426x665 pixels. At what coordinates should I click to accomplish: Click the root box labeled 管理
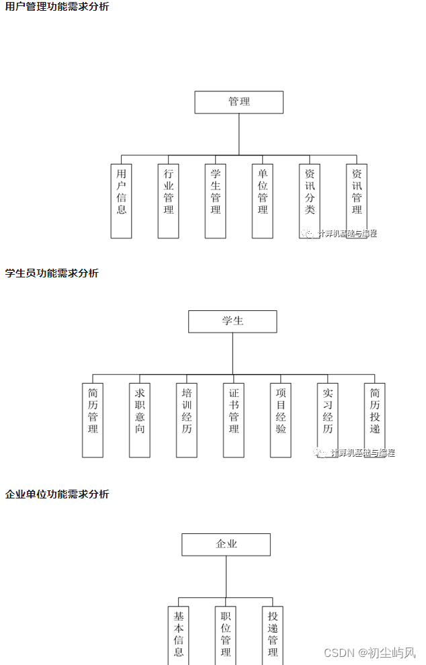point(239,102)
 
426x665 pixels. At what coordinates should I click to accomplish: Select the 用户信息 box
point(121,200)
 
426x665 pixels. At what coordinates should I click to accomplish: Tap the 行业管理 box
point(168,200)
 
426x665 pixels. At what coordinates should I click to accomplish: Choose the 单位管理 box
point(263,200)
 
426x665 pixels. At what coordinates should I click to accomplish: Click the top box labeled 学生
point(232,321)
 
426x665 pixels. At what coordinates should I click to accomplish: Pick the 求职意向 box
point(140,420)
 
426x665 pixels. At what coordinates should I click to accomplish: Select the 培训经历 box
point(187,420)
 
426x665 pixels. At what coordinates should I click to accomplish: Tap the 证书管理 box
point(234,420)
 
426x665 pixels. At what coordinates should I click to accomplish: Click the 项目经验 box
point(281,420)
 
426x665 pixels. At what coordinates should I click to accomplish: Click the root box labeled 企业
point(226,544)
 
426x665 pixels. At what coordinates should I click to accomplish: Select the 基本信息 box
point(179,635)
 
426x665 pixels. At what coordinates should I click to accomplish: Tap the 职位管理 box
point(226,635)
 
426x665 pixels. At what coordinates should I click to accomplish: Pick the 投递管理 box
point(273,635)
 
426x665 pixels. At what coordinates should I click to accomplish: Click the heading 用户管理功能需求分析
point(57,7)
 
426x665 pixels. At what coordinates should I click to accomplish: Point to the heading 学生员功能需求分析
point(52,273)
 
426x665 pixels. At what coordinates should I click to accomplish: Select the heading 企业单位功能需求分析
point(57,494)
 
